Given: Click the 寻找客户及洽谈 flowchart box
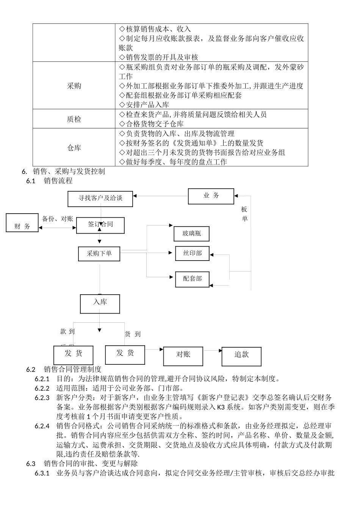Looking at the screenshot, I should coord(100,199).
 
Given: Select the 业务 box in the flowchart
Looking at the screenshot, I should coord(211,196).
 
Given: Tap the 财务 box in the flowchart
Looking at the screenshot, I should coord(23,222).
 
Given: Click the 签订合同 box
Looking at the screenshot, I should coord(100,225).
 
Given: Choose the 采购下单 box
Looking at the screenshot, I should coord(99,254).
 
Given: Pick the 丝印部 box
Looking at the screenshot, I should coord(192,253).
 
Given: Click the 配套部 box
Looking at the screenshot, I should coord(192,279).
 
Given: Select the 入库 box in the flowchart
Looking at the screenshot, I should coord(100,303).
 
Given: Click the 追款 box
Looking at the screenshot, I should coord(241,356).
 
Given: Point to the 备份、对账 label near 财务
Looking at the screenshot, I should coord(57,219).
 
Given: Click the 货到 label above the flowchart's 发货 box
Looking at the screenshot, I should coord(133,334).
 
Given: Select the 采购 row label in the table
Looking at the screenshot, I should coord(74,86).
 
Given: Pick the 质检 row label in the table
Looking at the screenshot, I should coord(74,119).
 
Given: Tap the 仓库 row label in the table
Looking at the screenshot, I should coord(74,148).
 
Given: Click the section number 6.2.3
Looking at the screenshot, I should coord(42,398).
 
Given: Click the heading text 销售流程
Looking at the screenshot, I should coord(58,181).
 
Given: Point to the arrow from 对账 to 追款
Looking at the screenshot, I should coord(213,351).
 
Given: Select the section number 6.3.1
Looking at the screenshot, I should coord(42,473).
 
